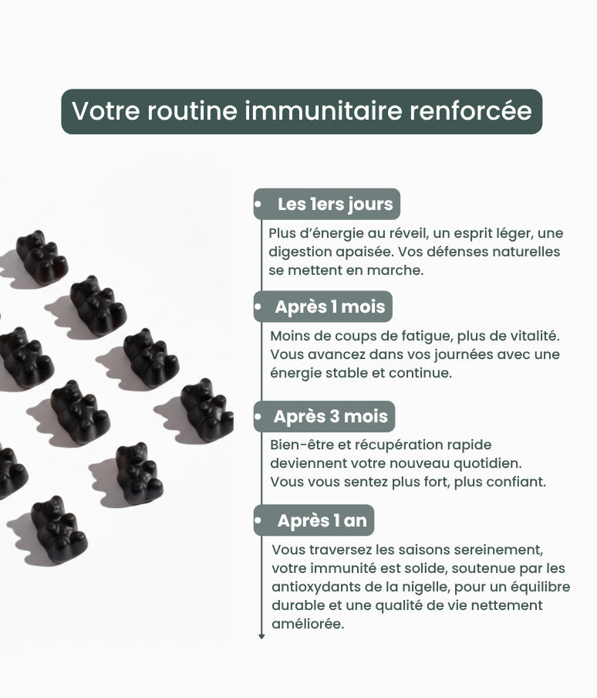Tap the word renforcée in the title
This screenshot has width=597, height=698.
[x=471, y=110]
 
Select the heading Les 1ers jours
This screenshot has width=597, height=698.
[x=336, y=205]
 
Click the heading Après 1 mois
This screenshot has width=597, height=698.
[x=330, y=307]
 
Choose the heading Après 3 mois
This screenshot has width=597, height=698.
[x=331, y=416]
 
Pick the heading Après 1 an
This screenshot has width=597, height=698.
[x=322, y=520]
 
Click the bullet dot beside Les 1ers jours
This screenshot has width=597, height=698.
[x=258, y=205]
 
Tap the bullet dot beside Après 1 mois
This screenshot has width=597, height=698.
[x=258, y=307]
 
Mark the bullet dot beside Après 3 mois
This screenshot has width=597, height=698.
[x=258, y=417]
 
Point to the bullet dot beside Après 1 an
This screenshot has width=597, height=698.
[x=258, y=520]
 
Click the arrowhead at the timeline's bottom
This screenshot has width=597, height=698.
[x=261, y=636]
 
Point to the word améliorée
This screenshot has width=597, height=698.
[x=308, y=624]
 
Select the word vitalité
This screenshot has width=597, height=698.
[x=535, y=336]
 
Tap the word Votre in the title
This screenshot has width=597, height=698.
[x=106, y=110]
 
